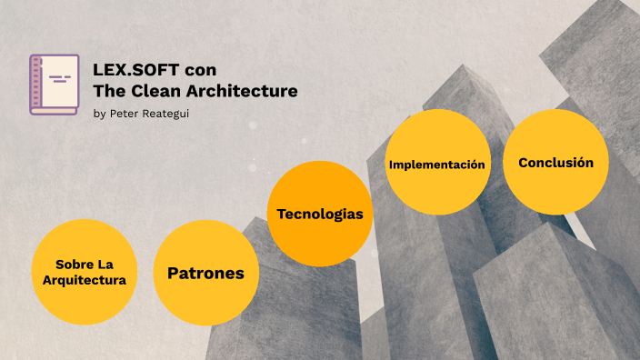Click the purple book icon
[x=54, y=85]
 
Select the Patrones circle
[x=206, y=273]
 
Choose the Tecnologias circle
[x=320, y=214]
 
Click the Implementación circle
[x=437, y=164]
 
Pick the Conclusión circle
[x=555, y=162]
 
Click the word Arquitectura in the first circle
[x=84, y=280]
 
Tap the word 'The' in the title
[x=107, y=91]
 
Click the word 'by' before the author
[x=98, y=114]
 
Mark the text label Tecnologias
[x=320, y=215]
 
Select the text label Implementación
[x=437, y=165]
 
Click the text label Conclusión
[x=555, y=163]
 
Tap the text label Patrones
[x=206, y=273]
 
